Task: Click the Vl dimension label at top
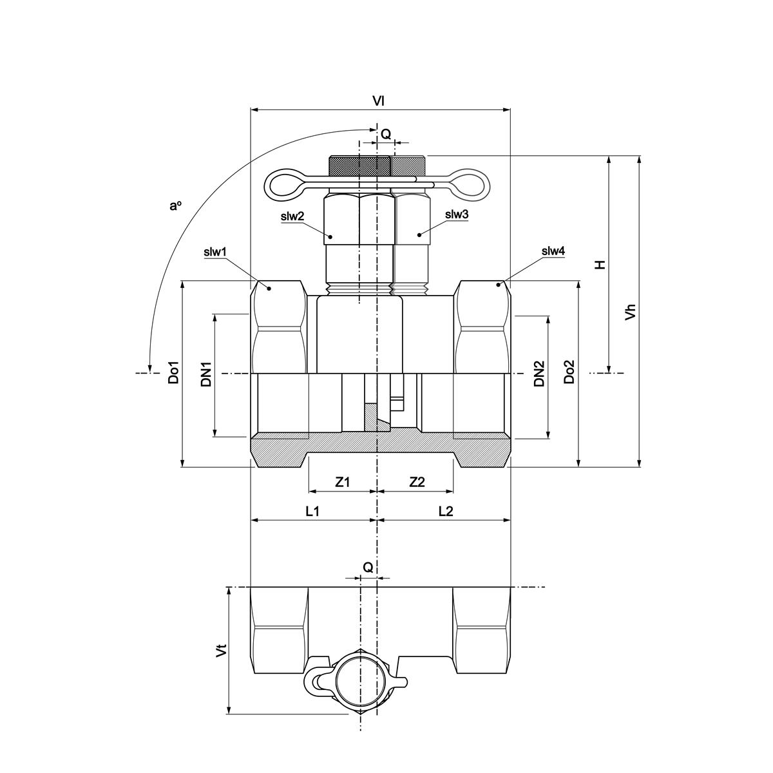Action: point(379,101)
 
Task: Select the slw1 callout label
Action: point(215,252)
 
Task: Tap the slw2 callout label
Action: point(292,217)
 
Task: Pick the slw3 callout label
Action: point(456,215)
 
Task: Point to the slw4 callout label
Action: point(553,251)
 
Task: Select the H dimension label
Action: point(600,264)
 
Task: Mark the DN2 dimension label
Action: point(539,374)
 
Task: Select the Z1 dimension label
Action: point(343,482)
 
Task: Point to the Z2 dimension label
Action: point(417,482)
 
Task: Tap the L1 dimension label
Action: point(312,511)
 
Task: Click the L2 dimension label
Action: point(446,511)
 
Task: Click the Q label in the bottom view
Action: point(367,568)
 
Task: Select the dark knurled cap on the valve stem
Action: point(359,166)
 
